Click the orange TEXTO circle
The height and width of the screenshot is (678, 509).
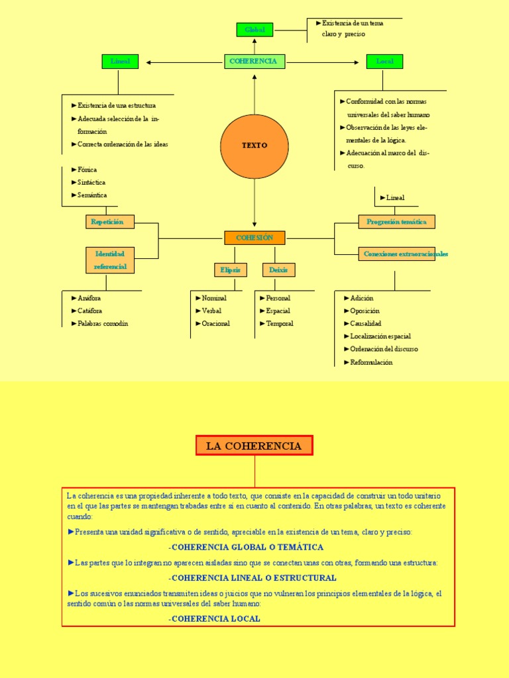tap(254, 146)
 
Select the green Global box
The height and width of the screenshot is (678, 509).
tap(254, 30)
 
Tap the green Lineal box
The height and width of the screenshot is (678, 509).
tap(120, 62)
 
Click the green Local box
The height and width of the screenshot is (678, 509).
tap(384, 62)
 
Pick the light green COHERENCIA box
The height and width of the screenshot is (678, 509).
tap(254, 62)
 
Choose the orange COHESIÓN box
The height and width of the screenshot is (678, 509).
tap(254, 238)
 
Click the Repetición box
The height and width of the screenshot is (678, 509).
tap(109, 222)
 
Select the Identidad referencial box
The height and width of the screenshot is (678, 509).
tap(109, 260)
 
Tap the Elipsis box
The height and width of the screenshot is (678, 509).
tap(230, 270)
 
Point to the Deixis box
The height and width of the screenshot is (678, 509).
tap(278, 270)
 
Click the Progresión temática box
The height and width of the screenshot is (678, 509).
tap(397, 222)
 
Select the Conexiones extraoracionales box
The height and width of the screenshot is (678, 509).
tap(397, 254)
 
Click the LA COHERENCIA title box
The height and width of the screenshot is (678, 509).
tap(254, 446)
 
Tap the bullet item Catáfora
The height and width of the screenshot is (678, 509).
tap(90, 311)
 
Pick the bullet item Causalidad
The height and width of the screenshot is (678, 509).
tap(365, 324)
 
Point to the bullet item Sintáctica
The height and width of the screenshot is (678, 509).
tap(91, 183)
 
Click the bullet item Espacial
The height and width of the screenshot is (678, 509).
tap(278, 311)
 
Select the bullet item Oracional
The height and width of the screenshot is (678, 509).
tap(215, 324)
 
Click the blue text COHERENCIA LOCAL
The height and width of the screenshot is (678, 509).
tap(215, 618)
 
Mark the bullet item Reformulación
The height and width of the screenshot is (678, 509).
tap(371, 362)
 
